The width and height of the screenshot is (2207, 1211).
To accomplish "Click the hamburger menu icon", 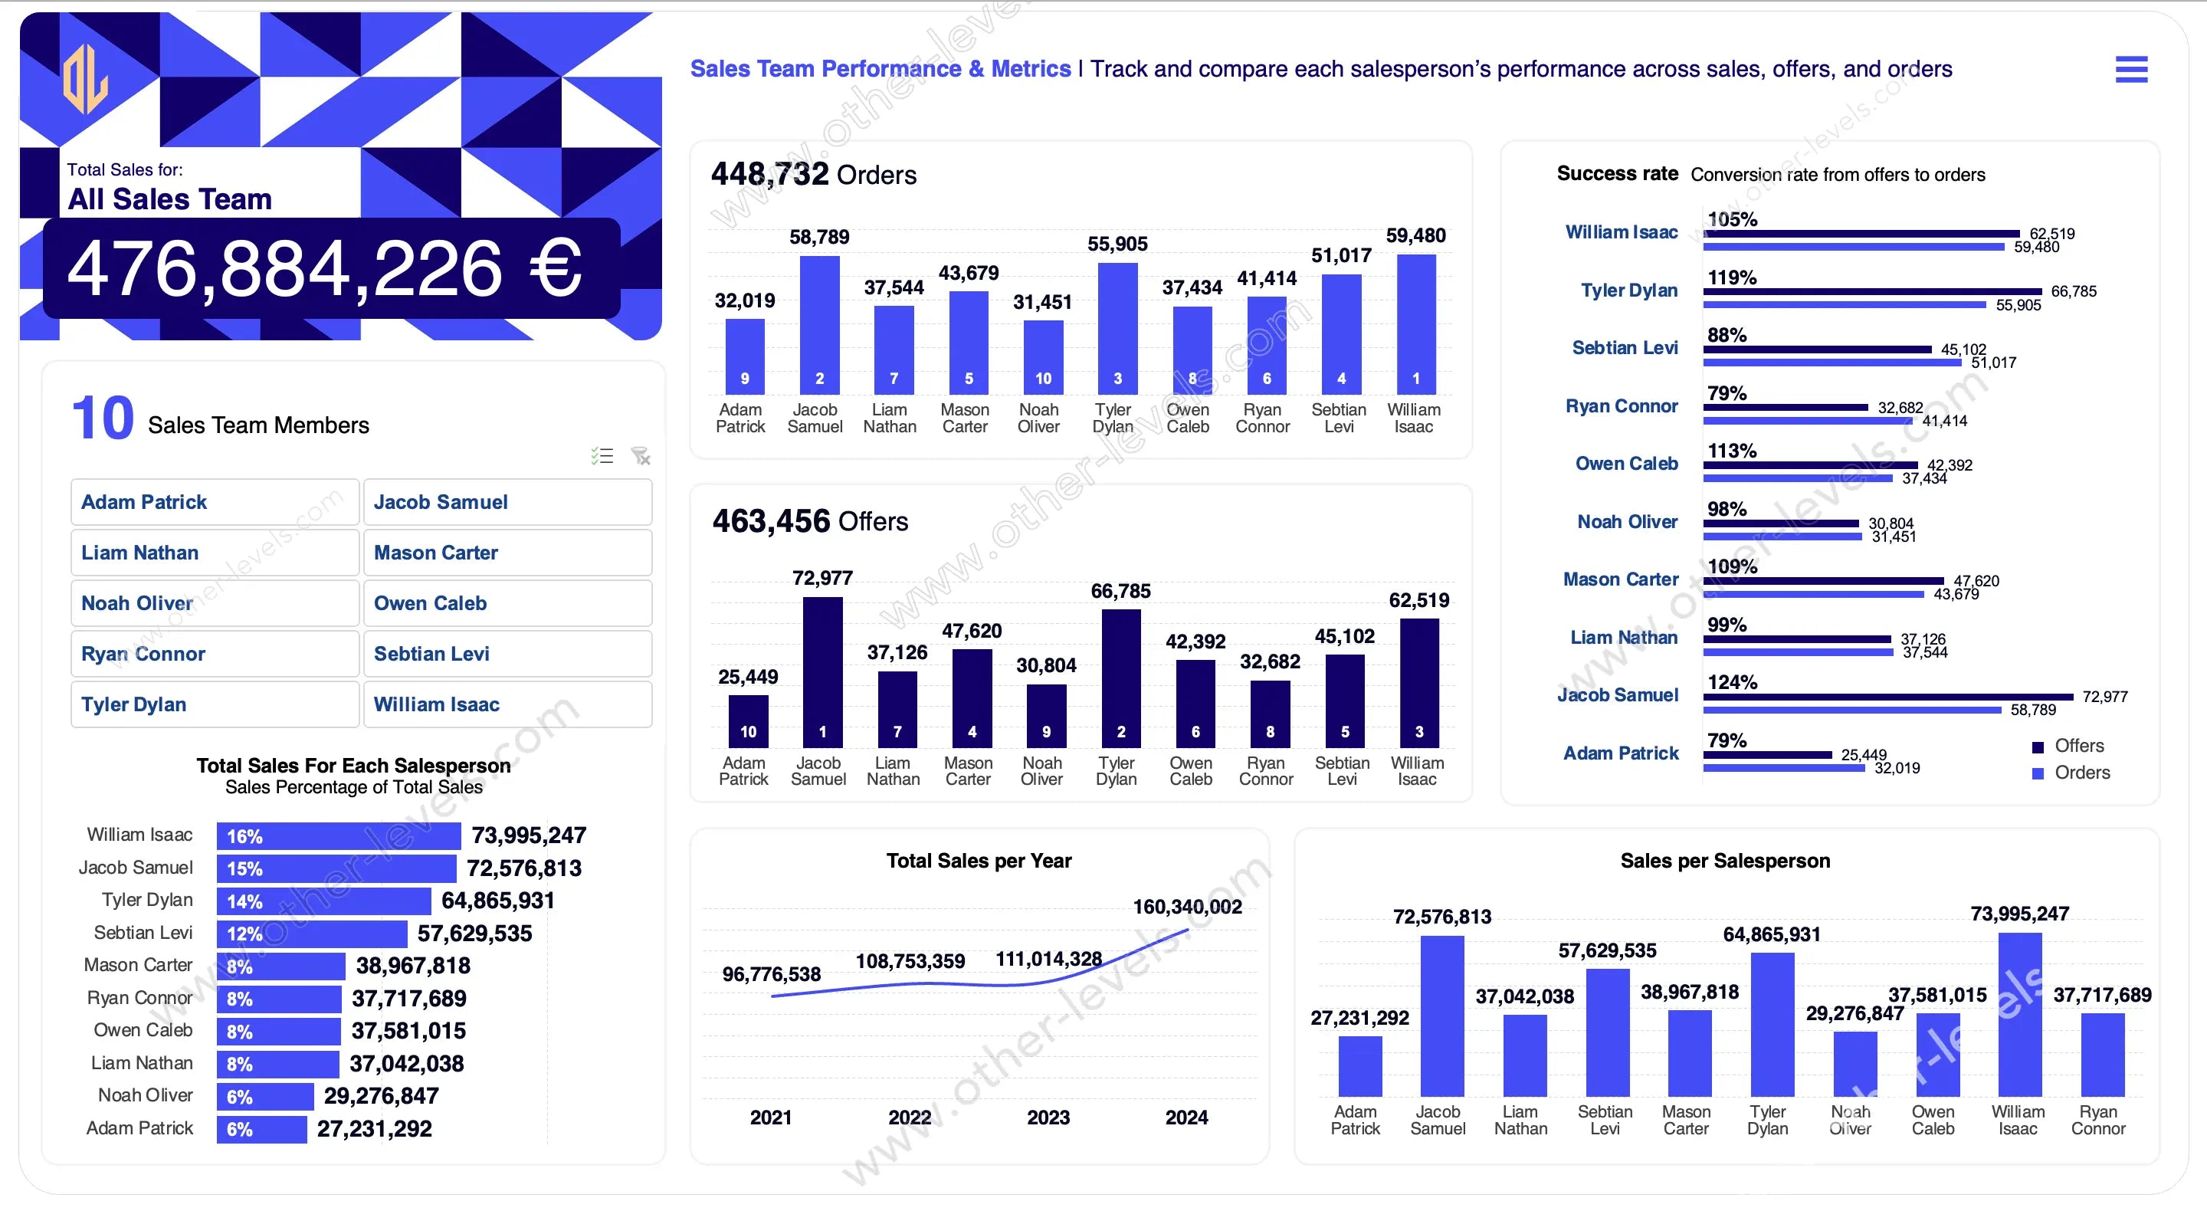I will click(2130, 70).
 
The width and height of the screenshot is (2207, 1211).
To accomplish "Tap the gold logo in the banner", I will click(86, 79).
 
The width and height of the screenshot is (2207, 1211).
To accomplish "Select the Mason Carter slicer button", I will click(507, 553).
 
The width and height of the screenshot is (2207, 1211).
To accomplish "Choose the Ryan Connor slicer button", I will click(215, 654).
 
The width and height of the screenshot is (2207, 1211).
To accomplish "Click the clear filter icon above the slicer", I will click(641, 456).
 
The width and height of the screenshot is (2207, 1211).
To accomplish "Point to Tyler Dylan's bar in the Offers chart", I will click(1120, 677).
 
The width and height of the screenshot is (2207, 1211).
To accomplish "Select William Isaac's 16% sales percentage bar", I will click(339, 836).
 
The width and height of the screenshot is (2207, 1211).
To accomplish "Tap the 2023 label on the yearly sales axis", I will click(1048, 1117).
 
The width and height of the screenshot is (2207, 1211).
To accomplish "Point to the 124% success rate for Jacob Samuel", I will click(1732, 682).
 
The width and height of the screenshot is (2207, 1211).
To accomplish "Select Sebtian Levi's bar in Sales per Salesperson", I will click(1607, 1032).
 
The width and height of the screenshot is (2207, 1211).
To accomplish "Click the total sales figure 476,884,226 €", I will click(325, 269).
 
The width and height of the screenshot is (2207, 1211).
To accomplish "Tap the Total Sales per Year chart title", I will click(979, 861).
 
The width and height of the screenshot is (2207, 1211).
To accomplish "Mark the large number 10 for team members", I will click(103, 418).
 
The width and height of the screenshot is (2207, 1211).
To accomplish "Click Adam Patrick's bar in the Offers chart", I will click(748, 720).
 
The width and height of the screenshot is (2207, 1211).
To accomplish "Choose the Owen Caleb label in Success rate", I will click(1626, 464).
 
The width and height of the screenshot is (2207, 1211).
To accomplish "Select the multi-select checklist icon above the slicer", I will click(602, 456).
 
